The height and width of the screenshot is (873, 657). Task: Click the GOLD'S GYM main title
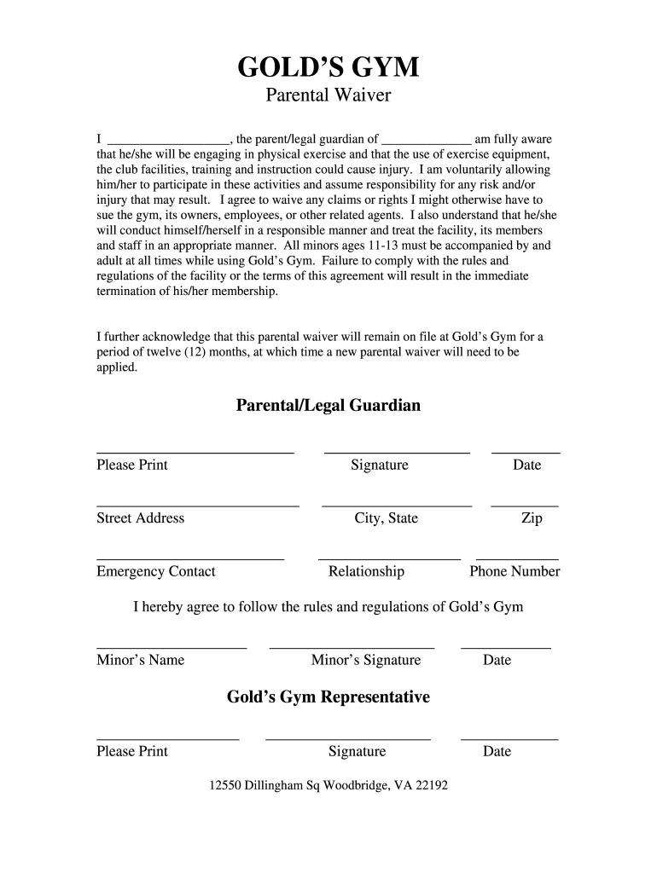point(328,66)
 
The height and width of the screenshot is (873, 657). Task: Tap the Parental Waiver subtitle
point(328,95)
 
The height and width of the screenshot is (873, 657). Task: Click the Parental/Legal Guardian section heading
point(328,406)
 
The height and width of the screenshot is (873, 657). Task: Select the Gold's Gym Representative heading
point(328,697)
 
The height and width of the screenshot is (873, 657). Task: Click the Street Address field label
point(140,518)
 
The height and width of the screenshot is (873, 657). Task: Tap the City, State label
point(387,518)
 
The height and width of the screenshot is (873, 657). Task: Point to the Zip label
point(532,518)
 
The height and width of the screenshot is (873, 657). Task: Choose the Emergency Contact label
point(156,571)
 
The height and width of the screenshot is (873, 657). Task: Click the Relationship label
point(366,571)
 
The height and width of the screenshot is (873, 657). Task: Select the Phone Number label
point(515,571)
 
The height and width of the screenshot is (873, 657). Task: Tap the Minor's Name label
point(140,660)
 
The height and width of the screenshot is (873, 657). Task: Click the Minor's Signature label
point(366,660)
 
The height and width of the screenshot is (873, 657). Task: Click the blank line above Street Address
point(198,506)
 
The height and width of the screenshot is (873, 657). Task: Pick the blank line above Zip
point(525,506)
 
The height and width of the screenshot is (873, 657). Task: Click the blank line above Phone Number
point(517,559)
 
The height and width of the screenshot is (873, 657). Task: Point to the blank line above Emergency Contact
point(190,559)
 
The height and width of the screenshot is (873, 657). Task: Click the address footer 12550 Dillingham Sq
point(328,785)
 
